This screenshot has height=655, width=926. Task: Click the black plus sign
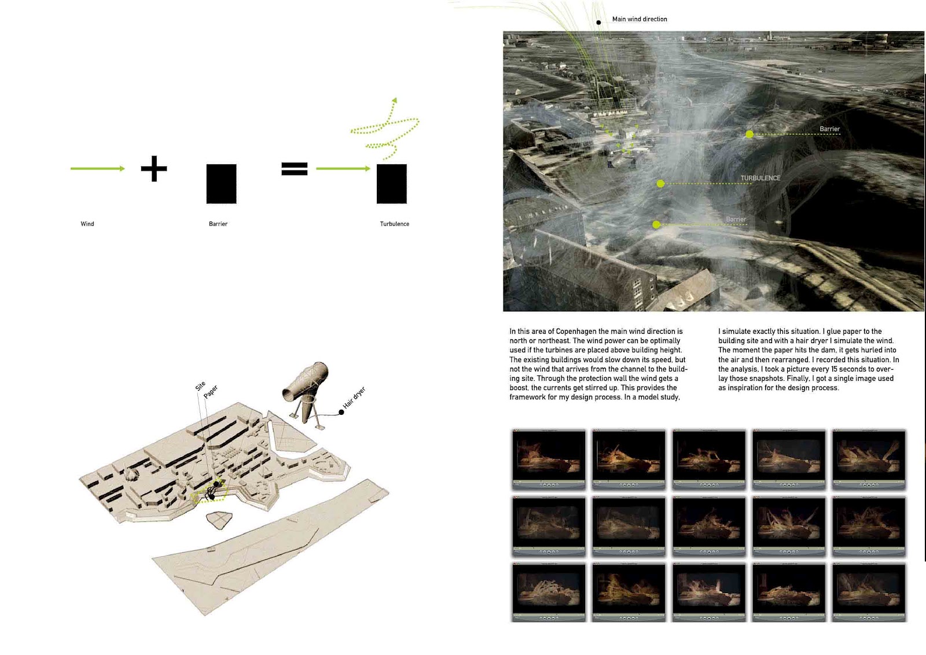(154, 168)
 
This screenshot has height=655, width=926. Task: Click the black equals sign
(294, 168)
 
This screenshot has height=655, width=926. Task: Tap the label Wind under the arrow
(87, 224)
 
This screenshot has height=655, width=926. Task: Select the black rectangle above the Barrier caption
(221, 184)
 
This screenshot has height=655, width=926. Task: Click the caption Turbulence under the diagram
(394, 224)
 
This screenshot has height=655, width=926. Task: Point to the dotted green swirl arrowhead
(394, 101)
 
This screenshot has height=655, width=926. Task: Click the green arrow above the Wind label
(97, 168)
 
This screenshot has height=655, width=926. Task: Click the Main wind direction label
(640, 19)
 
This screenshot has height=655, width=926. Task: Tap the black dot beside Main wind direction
(598, 23)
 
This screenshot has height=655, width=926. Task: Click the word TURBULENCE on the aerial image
(760, 178)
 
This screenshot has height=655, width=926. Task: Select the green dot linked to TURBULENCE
(660, 183)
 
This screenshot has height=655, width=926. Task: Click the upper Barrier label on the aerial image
(829, 129)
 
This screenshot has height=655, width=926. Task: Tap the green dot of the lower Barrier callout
(656, 225)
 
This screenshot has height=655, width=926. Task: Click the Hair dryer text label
(354, 398)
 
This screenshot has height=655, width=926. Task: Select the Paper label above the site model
(211, 391)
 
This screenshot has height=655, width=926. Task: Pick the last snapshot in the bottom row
(868, 592)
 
